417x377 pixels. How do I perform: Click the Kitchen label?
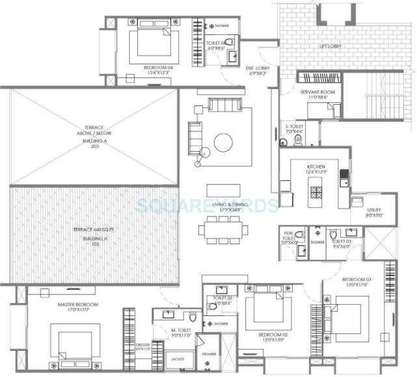click(316, 167)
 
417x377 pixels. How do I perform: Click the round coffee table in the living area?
click(224, 142)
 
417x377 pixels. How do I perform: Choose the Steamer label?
click(209, 353)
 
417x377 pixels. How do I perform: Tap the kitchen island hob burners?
click(316, 191)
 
